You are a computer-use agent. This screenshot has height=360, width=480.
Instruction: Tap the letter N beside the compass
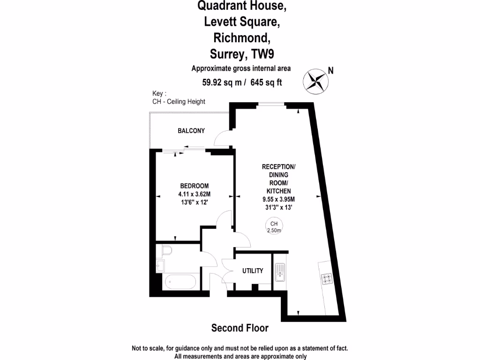331,71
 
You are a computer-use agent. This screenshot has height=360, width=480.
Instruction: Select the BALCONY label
191,131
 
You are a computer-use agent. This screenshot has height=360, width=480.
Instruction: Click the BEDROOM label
194,186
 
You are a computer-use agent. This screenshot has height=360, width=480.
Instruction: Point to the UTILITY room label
253,271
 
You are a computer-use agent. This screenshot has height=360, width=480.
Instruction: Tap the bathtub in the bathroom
180,282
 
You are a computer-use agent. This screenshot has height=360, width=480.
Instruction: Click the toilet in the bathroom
164,252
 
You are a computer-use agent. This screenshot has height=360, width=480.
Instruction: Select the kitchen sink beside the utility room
280,272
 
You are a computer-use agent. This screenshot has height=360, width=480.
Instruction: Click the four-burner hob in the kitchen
326,278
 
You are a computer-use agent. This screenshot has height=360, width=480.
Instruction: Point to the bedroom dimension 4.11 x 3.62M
194,194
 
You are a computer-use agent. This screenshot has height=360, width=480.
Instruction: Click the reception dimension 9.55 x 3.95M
278,199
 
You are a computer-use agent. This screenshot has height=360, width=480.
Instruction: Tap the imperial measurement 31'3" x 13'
278,207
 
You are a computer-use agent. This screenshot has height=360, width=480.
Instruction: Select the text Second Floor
240,328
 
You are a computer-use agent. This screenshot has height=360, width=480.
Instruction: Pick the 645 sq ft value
266,82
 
